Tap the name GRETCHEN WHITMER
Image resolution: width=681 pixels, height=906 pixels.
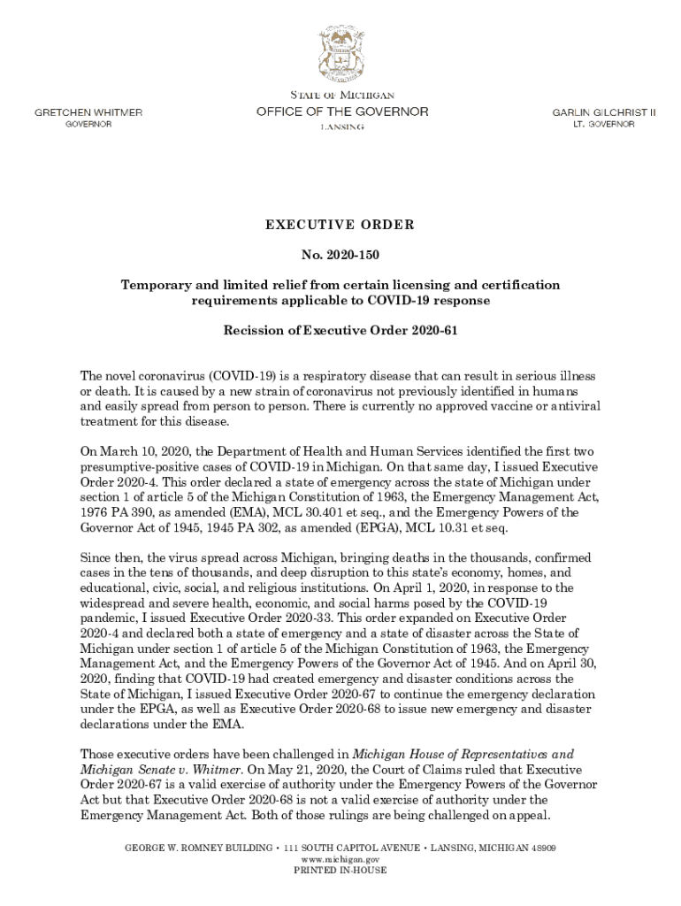[x=88, y=113]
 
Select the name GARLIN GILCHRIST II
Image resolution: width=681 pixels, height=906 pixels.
[x=604, y=113]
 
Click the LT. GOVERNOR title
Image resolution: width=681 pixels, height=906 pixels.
[x=604, y=125]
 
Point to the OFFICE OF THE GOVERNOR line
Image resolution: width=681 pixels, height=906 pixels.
[x=342, y=112]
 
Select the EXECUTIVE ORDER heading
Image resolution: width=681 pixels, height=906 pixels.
[x=340, y=225]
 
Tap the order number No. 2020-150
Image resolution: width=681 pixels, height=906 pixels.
[x=340, y=256]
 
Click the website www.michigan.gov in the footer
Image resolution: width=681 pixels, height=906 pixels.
[x=340, y=859]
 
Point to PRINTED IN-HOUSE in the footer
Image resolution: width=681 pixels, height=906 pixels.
[x=340, y=871]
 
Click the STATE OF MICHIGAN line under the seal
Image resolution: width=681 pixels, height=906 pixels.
[x=341, y=95]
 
